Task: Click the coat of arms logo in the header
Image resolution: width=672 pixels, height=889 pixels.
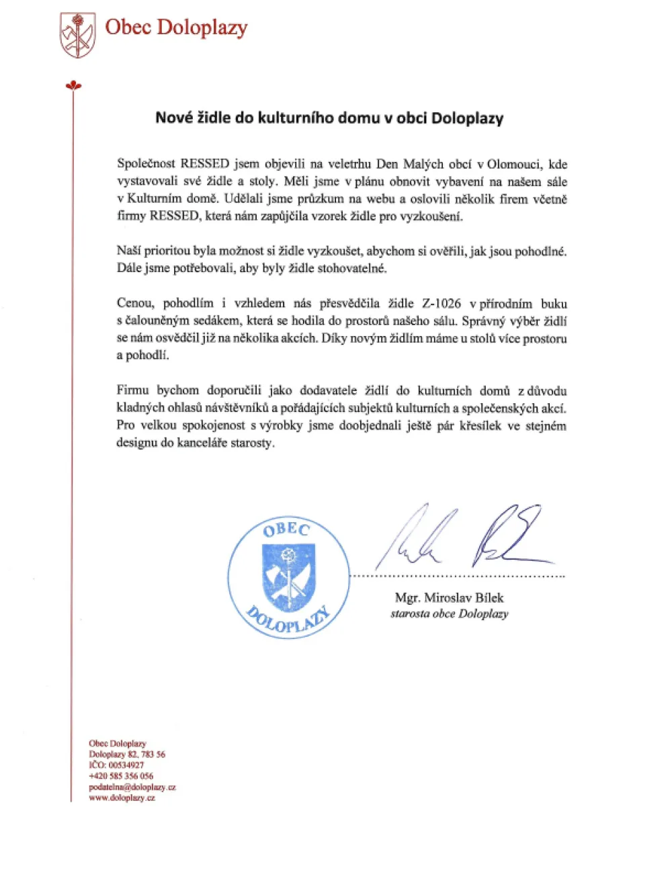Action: pyautogui.click(x=77, y=35)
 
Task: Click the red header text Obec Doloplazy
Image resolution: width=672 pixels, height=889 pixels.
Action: pyautogui.click(x=176, y=28)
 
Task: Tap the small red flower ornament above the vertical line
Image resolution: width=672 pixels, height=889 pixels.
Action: pyautogui.click(x=73, y=85)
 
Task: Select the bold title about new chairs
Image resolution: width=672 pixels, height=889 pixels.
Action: pyautogui.click(x=329, y=118)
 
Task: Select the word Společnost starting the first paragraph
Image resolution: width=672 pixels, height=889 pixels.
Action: pyautogui.click(x=146, y=164)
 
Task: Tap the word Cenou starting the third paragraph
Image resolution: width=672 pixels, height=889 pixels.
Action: pyautogui.click(x=135, y=303)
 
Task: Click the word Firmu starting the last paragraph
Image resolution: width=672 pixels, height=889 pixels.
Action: pyautogui.click(x=133, y=390)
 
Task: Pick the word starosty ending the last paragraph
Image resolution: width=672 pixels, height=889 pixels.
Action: pyautogui.click(x=252, y=443)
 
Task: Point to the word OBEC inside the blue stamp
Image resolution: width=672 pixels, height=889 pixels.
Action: pyautogui.click(x=286, y=530)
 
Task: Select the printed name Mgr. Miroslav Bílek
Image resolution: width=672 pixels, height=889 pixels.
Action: pyautogui.click(x=449, y=597)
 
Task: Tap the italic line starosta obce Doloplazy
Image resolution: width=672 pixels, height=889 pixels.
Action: pyautogui.click(x=449, y=613)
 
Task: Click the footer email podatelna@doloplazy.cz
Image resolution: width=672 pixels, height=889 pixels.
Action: pyautogui.click(x=132, y=787)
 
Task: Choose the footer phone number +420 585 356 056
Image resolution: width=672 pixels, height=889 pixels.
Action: pyautogui.click(x=121, y=776)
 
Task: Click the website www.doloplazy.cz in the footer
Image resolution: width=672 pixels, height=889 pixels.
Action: pyautogui.click(x=122, y=798)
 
